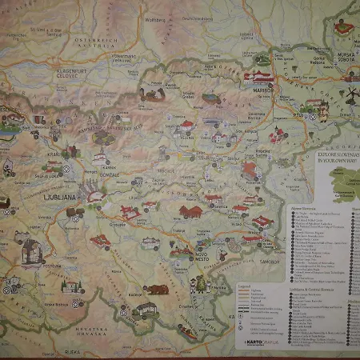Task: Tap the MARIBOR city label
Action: (x=263, y=90)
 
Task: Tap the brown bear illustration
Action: (x=155, y=288)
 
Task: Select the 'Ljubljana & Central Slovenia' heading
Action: (x=312, y=286)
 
